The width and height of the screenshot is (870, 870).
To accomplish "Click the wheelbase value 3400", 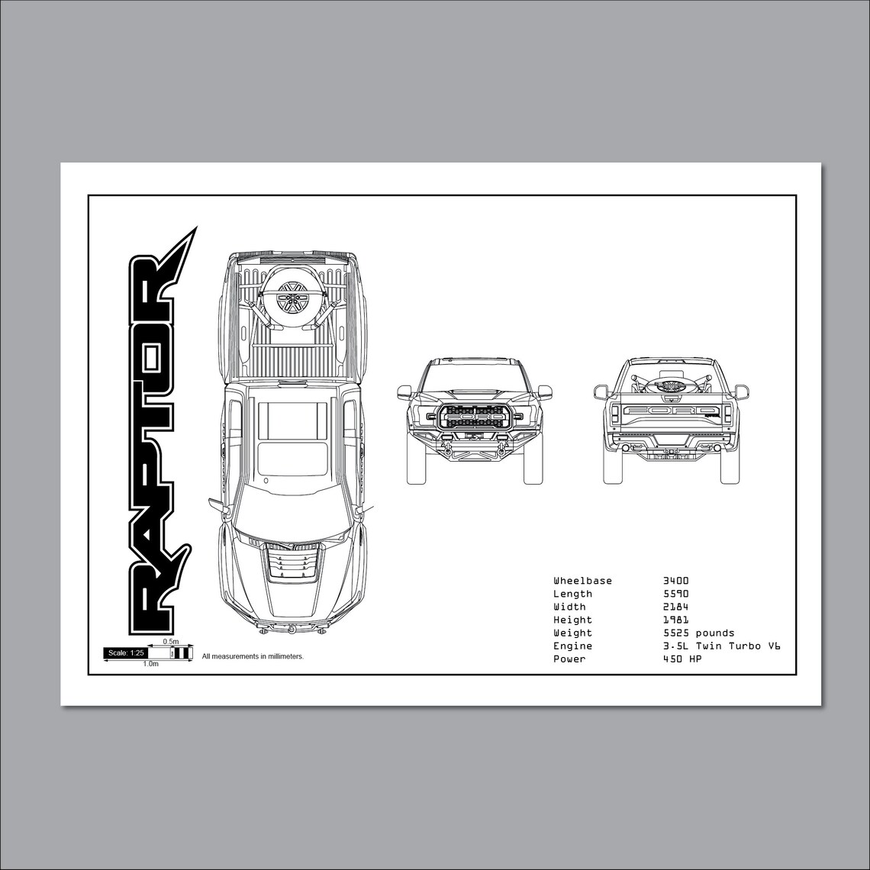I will click(x=675, y=581).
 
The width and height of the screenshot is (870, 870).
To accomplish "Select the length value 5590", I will click(x=675, y=594).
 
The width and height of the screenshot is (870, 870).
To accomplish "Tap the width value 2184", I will click(x=675, y=607).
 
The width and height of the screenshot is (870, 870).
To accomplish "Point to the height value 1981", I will click(x=675, y=620).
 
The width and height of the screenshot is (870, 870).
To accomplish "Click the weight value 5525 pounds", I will click(x=698, y=633).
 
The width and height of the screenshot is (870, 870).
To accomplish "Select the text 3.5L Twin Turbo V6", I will click(x=721, y=646).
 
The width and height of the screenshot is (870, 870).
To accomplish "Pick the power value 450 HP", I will click(x=682, y=659).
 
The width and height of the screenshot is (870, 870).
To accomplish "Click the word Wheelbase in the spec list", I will click(x=582, y=581).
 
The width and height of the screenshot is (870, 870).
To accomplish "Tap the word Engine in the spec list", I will click(x=572, y=646).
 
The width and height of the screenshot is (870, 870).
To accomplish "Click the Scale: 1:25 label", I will click(x=126, y=652).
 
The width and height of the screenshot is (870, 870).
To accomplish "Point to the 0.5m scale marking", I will click(x=170, y=642).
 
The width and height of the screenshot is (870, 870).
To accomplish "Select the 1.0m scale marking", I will click(x=150, y=664).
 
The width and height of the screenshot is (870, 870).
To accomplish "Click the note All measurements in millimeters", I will click(x=253, y=656).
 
